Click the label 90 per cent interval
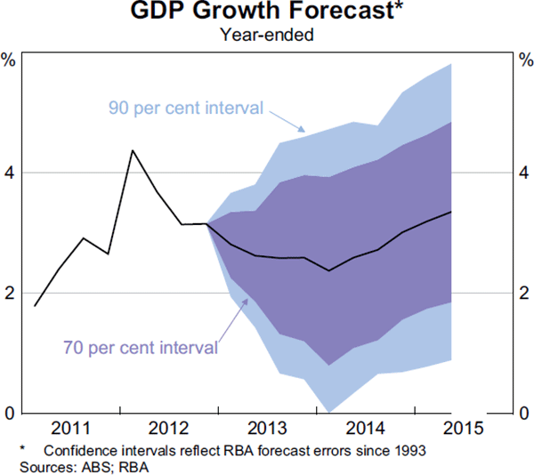(186, 108)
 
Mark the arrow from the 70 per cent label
(233, 321)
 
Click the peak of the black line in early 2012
(132, 150)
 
